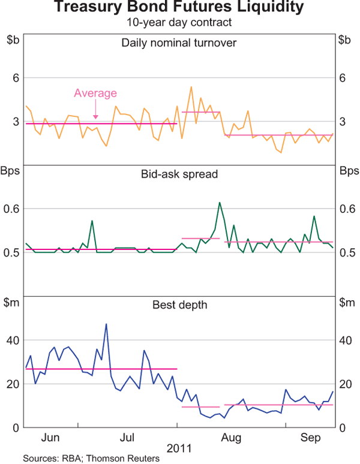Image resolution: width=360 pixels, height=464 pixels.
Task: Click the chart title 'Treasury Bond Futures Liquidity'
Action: [x=179, y=8]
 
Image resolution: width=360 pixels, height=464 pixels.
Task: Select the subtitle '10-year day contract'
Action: [x=179, y=22]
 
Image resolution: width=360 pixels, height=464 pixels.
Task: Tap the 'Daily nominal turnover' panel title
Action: [x=179, y=43]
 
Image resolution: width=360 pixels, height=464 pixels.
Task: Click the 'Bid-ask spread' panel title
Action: [x=179, y=174]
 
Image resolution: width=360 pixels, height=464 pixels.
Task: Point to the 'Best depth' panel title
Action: [x=179, y=305]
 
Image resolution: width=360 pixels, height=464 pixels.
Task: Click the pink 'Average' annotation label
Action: [x=95, y=93]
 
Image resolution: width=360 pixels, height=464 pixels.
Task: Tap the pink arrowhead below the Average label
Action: [x=95, y=116]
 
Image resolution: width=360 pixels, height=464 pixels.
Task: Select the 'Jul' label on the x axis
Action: [x=128, y=436]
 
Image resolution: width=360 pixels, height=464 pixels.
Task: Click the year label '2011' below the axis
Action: [x=179, y=448]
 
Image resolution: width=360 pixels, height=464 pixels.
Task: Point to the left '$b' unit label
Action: [x=12, y=40]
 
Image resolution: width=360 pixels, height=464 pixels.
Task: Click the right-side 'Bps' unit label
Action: [x=347, y=171]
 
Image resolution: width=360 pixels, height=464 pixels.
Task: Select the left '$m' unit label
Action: [x=13, y=303]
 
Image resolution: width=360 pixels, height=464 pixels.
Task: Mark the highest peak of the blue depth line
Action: [x=106, y=324]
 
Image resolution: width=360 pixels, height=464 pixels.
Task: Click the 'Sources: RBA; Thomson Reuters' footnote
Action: [x=91, y=459]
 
